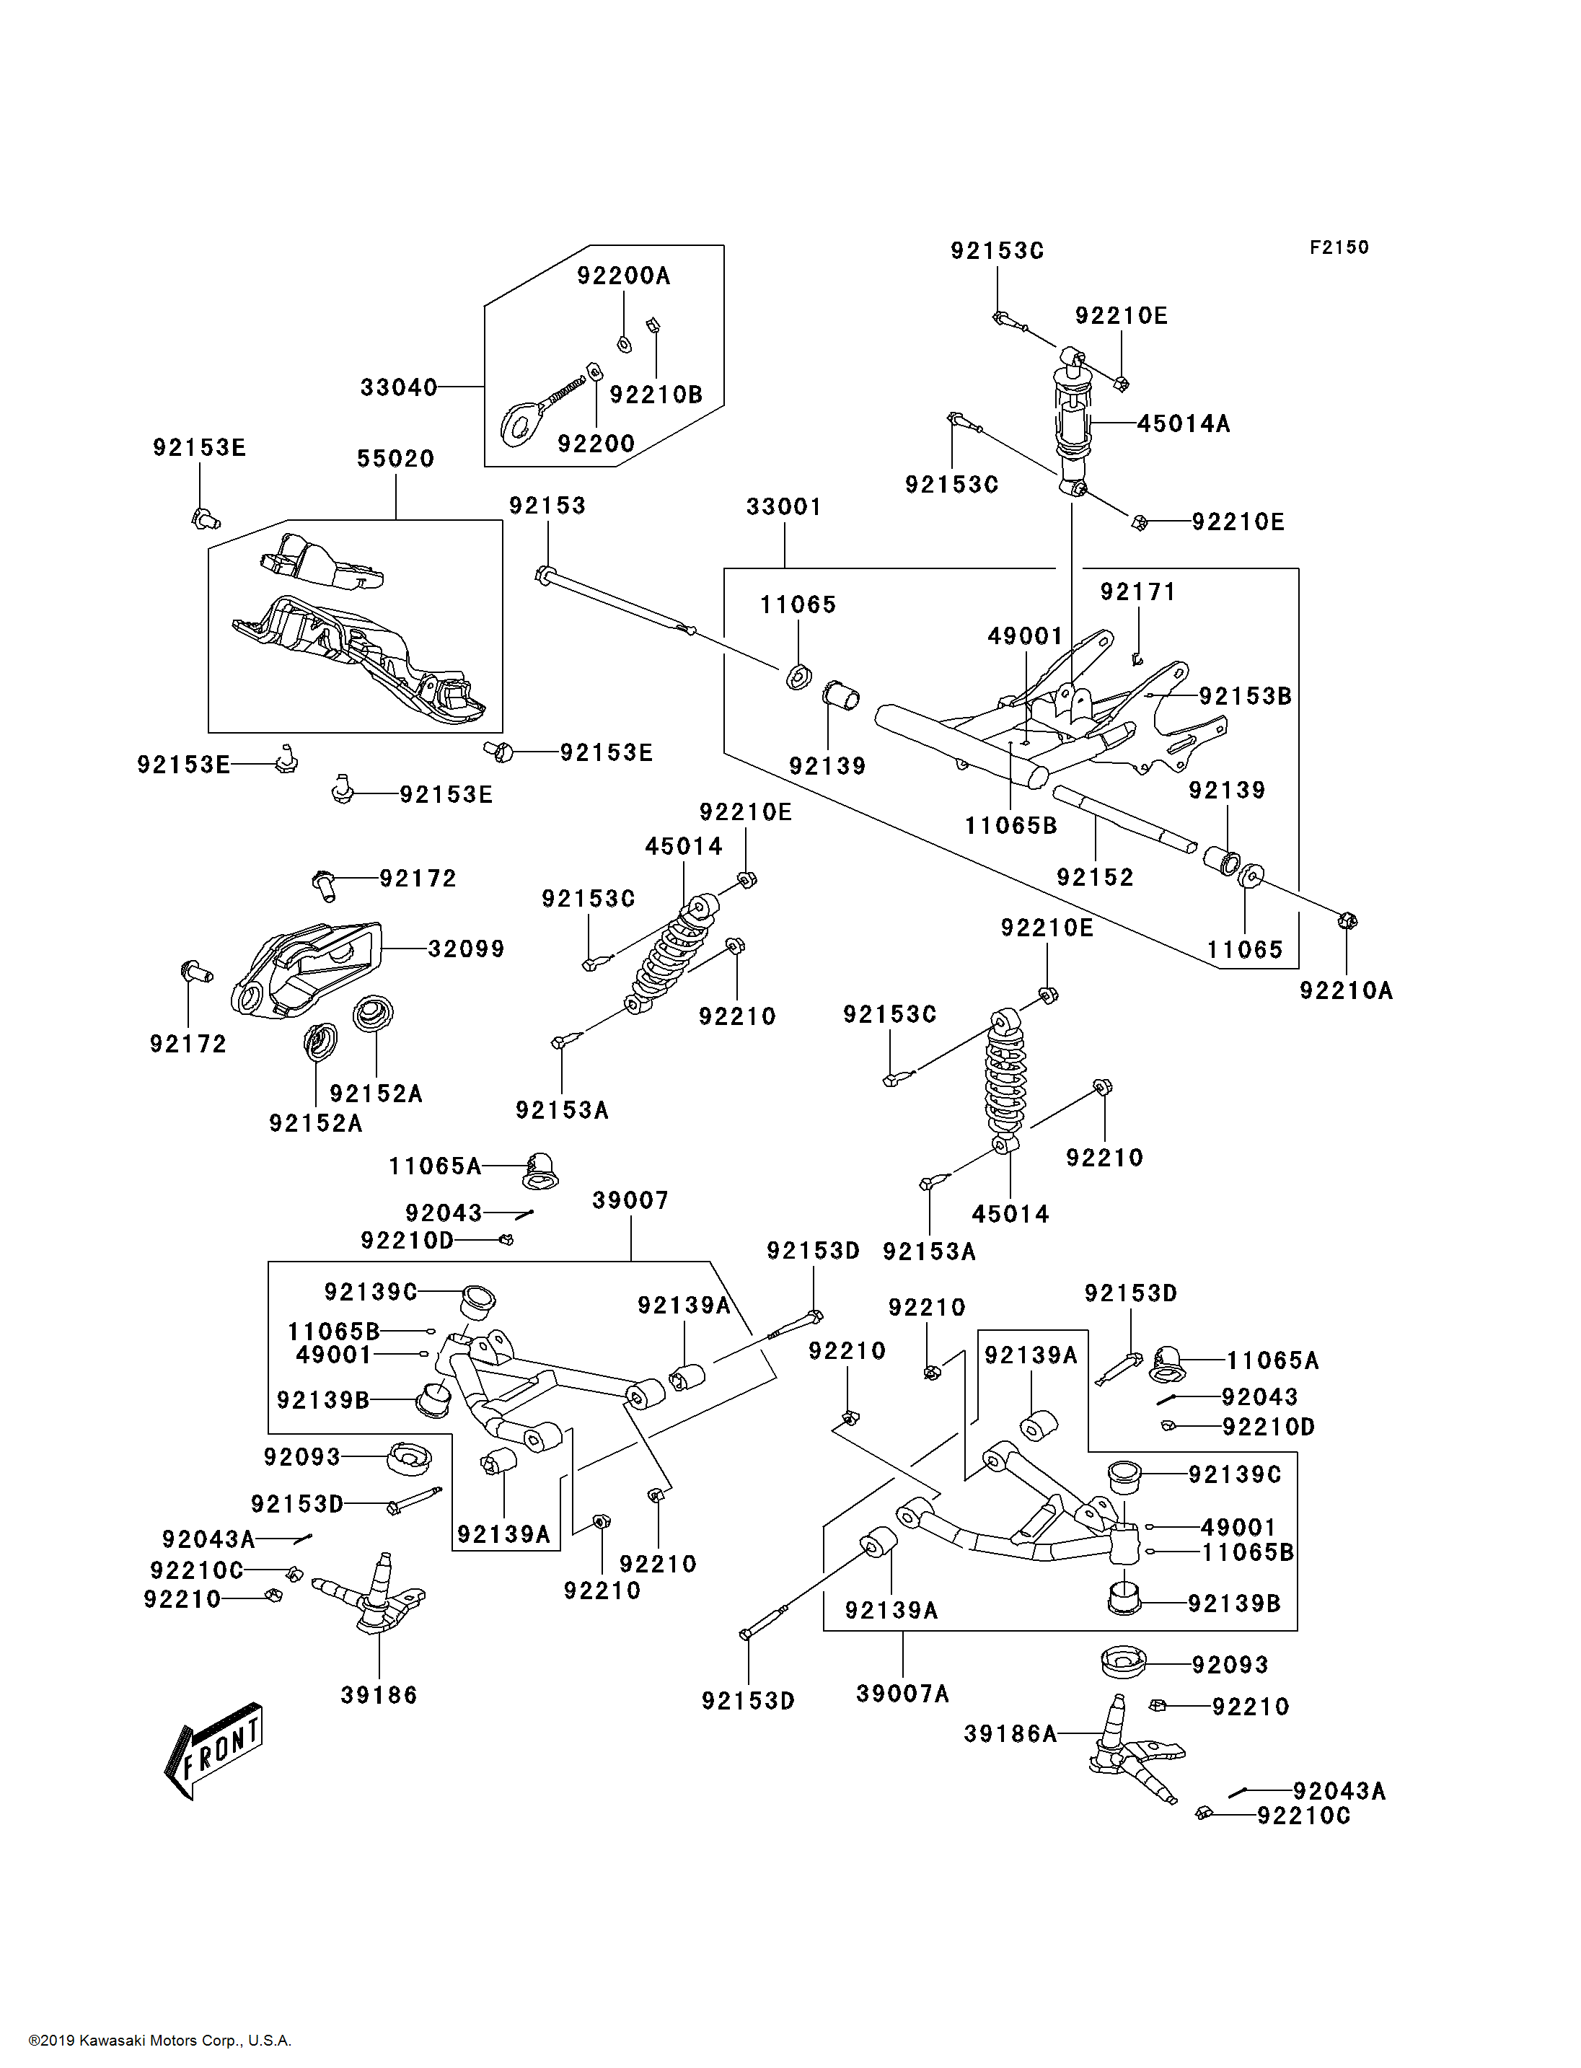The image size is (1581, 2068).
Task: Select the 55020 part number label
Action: tap(395, 459)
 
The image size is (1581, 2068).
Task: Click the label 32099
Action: tap(466, 949)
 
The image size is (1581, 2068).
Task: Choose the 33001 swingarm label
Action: tap(784, 507)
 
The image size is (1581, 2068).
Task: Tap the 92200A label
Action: tap(623, 276)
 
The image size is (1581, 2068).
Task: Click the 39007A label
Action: tap(902, 1694)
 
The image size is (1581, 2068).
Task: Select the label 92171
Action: tap(1137, 592)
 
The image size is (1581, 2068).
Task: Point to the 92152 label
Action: tap(1094, 877)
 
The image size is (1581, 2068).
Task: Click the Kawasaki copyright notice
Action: tap(160, 2041)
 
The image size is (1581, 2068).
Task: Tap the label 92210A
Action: tap(1346, 990)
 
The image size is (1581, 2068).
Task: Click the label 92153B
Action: tap(1244, 697)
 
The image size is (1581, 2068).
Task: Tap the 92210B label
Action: tap(656, 395)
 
